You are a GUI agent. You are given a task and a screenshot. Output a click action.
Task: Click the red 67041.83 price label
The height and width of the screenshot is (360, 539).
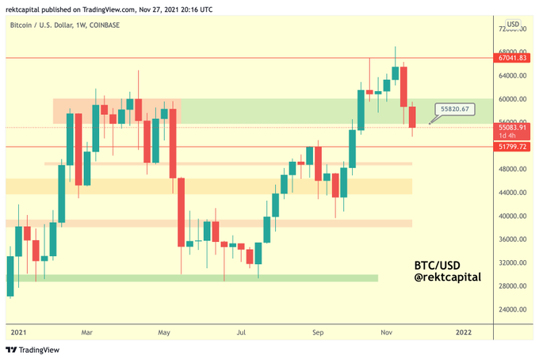pos(511,58)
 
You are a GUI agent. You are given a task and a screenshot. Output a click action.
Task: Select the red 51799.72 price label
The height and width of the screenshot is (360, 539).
pos(511,147)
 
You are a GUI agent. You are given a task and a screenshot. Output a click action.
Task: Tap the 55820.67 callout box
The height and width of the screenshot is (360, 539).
pos(455,109)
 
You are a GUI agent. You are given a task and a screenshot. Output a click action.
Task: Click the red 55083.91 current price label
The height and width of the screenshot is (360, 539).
pos(511,131)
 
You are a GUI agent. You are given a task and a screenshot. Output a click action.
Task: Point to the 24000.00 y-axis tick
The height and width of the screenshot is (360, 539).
pos(513,309)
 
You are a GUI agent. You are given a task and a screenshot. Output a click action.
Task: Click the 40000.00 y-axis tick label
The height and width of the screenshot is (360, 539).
pos(513,216)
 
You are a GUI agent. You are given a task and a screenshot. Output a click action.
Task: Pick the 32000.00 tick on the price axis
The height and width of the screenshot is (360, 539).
pos(513,262)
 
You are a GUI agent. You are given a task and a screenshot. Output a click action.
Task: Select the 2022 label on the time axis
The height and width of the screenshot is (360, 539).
pos(464,332)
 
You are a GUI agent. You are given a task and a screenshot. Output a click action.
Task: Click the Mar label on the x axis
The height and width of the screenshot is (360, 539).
pos(86,332)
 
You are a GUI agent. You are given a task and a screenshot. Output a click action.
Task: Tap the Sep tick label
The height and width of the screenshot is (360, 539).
pos(318,332)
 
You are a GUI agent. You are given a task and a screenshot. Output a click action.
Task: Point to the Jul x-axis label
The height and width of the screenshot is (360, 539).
pos(241,332)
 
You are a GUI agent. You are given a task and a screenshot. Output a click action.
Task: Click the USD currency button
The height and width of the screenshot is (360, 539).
pos(513,25)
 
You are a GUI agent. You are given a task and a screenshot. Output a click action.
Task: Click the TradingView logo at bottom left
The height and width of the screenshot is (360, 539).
pos(32,350)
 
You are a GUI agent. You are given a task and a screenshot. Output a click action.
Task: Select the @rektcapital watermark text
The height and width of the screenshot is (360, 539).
pos(447,277)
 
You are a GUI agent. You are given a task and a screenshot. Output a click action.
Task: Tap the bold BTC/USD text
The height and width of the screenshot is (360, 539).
pos(437,266)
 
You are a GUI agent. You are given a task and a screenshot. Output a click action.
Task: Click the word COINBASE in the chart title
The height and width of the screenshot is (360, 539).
pos(105,25)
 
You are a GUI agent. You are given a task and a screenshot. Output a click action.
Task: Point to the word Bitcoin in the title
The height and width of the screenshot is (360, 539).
pos(21,25)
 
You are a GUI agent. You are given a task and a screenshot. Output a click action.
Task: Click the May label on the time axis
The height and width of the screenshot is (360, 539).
pos(164,332)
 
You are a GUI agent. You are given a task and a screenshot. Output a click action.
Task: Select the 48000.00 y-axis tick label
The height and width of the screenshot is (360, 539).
pos(513,169)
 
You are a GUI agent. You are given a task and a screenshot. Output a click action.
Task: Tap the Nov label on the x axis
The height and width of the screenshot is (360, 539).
pos(386,332)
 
